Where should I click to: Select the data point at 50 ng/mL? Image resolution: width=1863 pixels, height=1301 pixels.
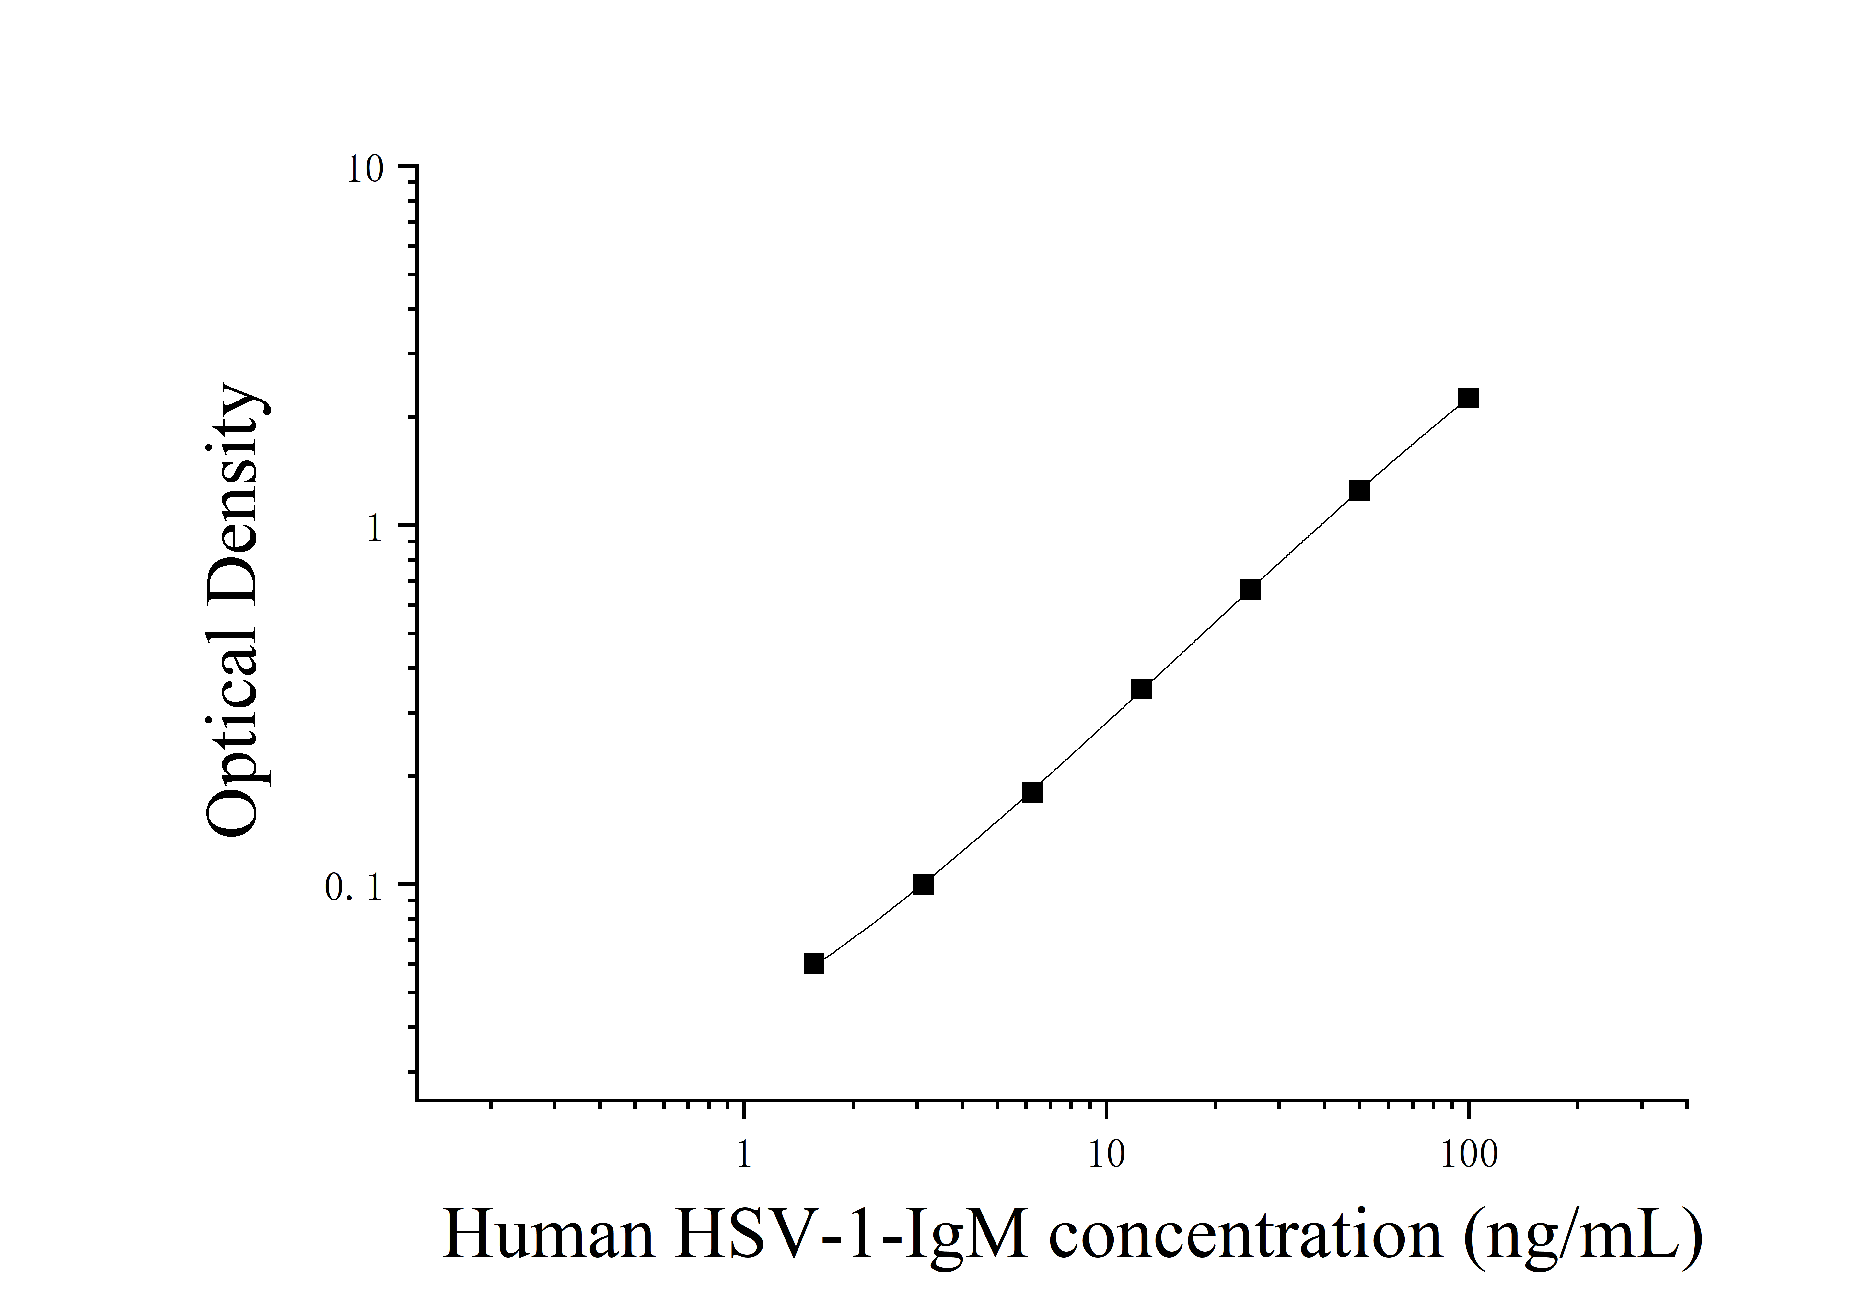[x=1359, y=490]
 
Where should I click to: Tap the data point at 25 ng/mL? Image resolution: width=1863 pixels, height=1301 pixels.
[x=1251, y=590]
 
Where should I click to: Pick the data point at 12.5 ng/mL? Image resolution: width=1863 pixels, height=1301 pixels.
[x=1141, y=689]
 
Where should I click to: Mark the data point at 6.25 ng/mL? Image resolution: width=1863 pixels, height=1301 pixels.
[x=1032, y=792]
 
